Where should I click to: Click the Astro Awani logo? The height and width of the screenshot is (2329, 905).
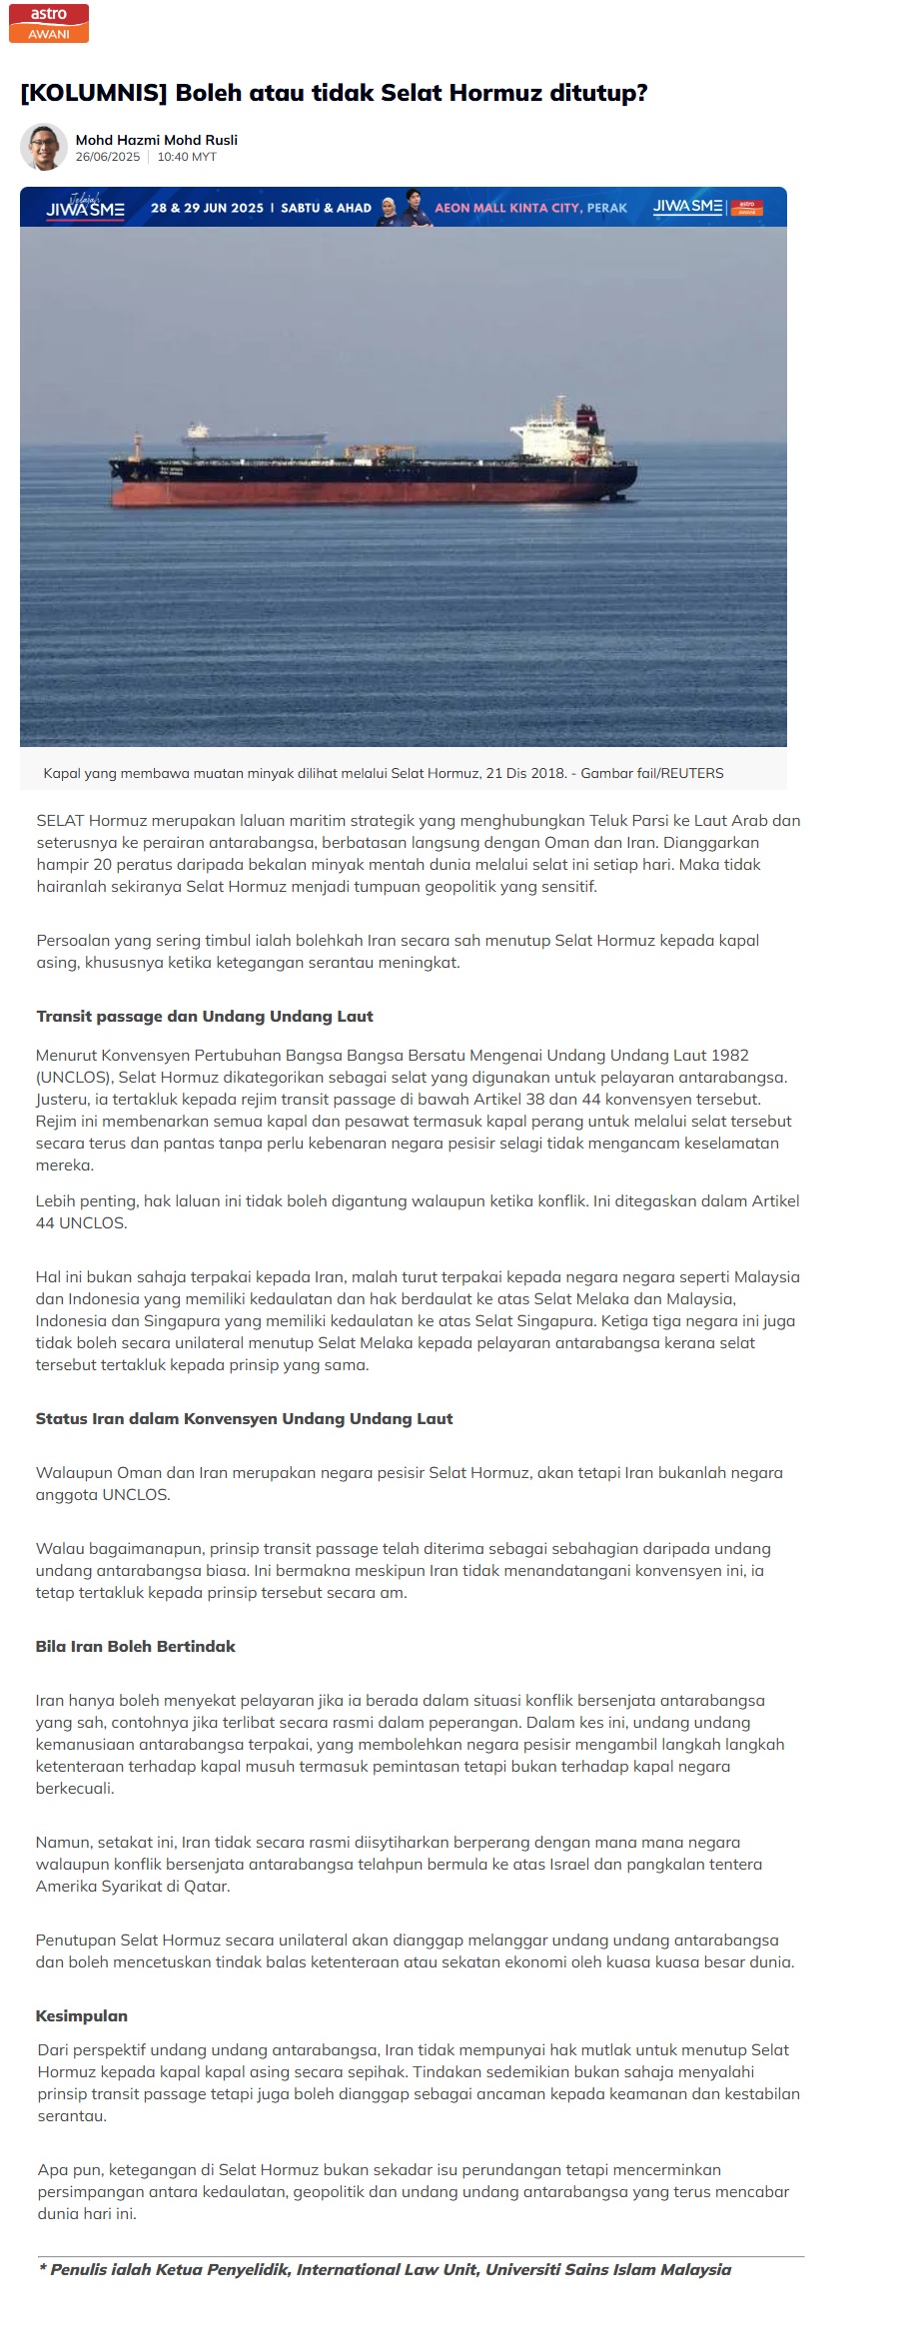coord(49,23)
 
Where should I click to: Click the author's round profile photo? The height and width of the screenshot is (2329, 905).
coord(43,147)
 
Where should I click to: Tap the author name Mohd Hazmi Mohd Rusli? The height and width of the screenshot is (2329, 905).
coord(157,140)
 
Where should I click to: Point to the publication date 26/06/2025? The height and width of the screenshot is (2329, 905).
coord(108,157)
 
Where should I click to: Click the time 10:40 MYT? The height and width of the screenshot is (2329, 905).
coord(187,157)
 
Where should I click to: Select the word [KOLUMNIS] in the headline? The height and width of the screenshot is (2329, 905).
coord(94,93)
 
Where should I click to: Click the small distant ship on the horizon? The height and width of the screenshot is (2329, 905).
coord(255,434)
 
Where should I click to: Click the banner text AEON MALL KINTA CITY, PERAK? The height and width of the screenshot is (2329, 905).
coord(530,208)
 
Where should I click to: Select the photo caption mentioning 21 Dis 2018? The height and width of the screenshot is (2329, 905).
coord(384,773)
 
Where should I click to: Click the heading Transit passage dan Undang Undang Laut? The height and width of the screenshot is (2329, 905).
coord(205,1016)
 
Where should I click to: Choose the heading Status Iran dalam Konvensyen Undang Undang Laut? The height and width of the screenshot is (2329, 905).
coord(245,1418)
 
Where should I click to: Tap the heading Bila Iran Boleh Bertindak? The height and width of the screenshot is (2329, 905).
coord(136,1646)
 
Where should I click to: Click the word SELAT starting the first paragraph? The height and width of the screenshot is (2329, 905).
coord(61,821)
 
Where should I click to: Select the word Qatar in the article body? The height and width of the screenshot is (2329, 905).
coord(208,1886)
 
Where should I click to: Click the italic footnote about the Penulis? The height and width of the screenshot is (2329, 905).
coord(385,2269)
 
